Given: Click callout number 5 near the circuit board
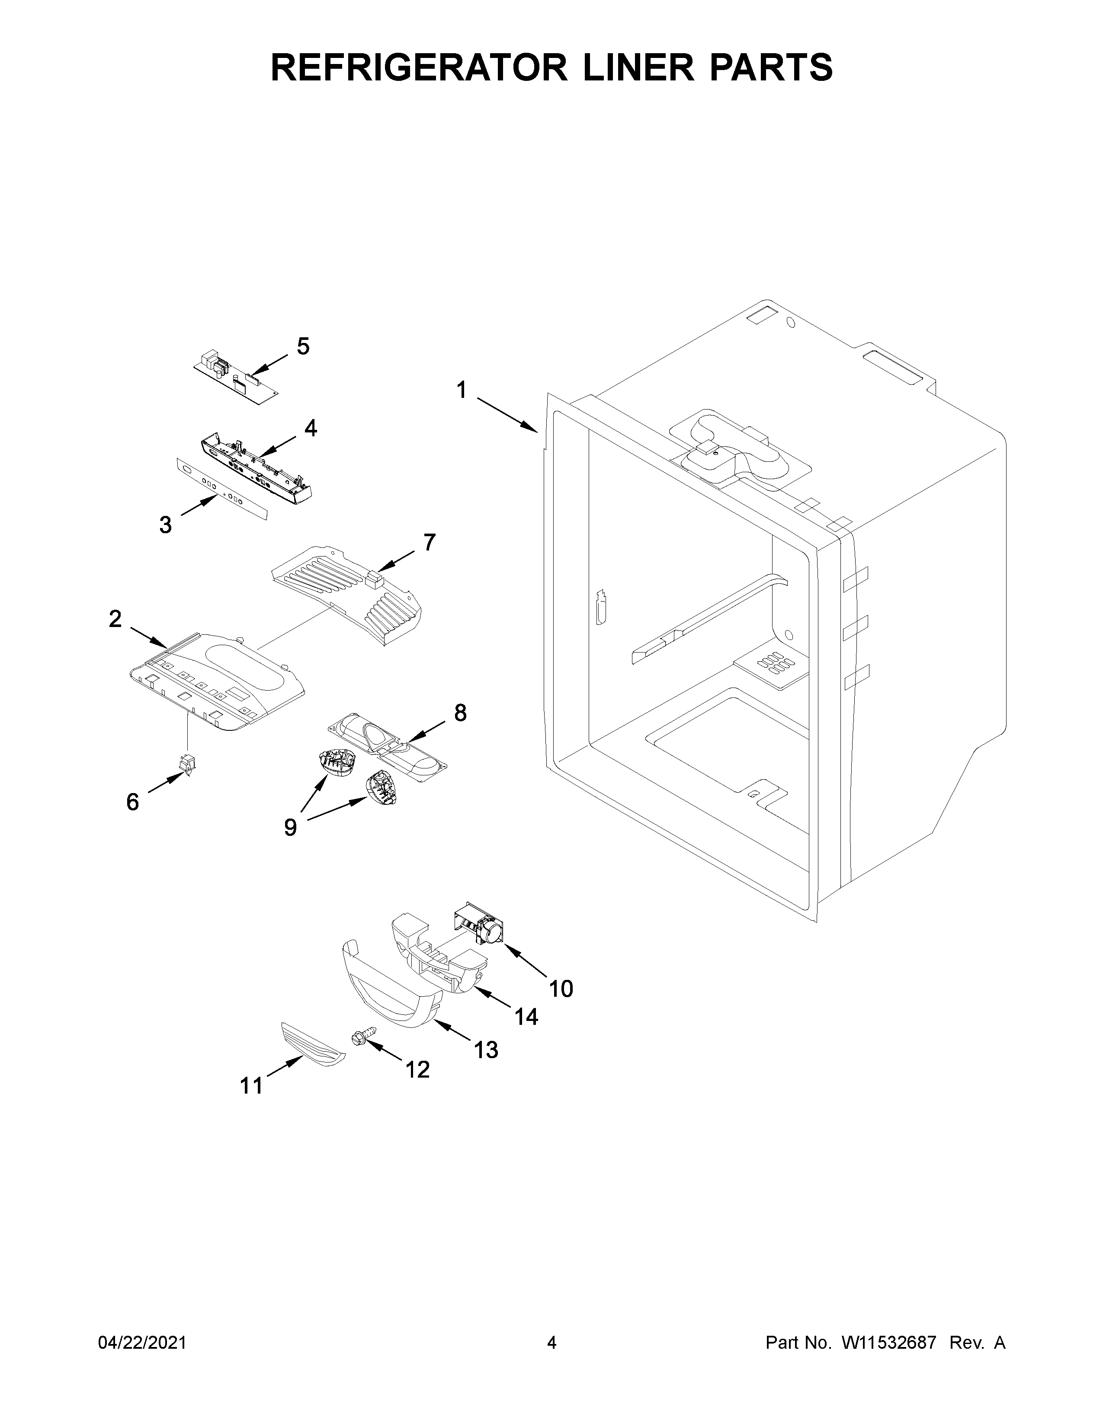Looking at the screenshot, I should (303, 346).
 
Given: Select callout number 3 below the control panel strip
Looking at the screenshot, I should (166, 524).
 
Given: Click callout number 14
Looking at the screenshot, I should (526, 1017).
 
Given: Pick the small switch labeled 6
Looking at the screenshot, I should (188, 766).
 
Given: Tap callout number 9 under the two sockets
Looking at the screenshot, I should (290, 827).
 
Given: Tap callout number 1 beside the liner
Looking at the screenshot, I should (462, 391).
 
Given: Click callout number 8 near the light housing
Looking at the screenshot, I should (460, 712).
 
